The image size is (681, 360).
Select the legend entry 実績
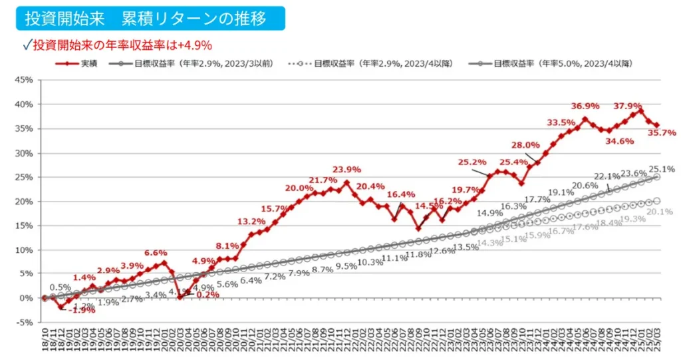tap(79, 63)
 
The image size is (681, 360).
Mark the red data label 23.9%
tap(347, 169)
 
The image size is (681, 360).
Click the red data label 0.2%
tap(207, 294)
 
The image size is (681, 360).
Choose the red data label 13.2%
tap(251, 222)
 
